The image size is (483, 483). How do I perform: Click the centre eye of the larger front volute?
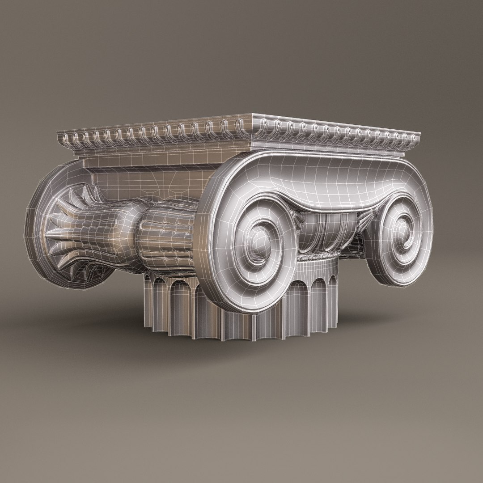[256, 241]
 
